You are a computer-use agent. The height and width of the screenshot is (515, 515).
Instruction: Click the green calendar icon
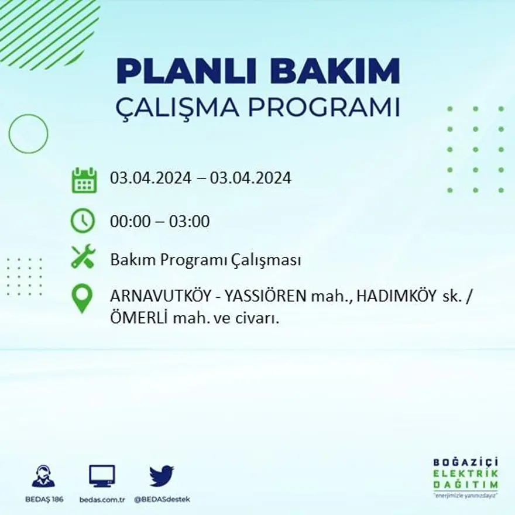[84, 180]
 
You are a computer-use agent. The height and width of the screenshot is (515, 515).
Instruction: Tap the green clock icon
[83, 221]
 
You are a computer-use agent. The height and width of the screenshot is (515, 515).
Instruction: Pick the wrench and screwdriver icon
[83, 257]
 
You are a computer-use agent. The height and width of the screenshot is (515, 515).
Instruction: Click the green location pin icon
[82, 298]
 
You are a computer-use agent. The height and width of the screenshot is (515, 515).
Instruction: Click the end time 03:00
[189, 222]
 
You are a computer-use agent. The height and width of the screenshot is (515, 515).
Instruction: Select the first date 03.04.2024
[150, 178]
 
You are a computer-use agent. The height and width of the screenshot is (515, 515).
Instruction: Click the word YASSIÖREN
[265, 296]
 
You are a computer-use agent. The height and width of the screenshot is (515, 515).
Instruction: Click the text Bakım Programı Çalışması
[205, 260]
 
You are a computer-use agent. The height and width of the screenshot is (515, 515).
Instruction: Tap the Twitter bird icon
[162, 475]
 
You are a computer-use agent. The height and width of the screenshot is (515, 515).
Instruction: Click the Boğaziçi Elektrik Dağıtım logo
[466, 475]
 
